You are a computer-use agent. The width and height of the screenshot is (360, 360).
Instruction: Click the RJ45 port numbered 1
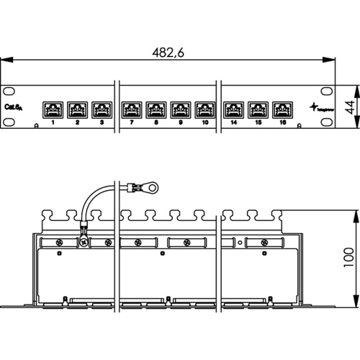53,109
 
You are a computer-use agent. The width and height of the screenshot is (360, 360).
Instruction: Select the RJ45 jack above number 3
102,109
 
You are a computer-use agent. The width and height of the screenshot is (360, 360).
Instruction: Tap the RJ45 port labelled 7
131,109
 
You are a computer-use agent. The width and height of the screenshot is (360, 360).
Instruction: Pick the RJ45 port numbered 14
233,109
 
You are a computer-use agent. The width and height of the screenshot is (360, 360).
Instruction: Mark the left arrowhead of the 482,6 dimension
5,60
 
